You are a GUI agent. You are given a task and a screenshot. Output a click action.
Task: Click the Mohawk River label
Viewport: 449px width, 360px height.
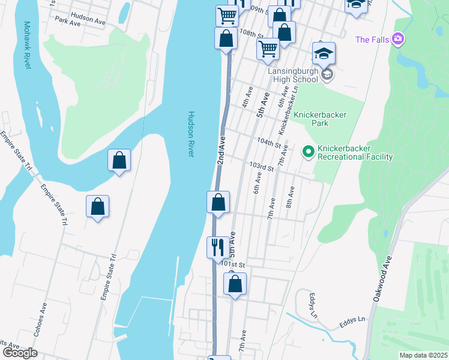tap(26, 45)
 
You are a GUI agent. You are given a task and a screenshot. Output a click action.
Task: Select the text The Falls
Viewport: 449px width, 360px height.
tap(372, 40)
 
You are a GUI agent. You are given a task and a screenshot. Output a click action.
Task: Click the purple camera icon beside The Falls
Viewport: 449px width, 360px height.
tap(398, 40)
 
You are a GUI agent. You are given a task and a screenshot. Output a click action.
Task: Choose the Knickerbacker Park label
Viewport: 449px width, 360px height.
tap(320, 119)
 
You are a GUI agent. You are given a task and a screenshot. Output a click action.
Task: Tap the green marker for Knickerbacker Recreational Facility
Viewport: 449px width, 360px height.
tap(309, 152)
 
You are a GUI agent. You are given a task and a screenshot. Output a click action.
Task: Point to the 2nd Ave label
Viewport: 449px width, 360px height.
tap(220, 151)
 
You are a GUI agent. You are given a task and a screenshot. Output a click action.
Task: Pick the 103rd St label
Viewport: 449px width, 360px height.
tap(262, 166)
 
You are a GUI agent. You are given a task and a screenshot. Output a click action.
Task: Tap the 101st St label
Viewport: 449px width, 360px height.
tap(234, 264)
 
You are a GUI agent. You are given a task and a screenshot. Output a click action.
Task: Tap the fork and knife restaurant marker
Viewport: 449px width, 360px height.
tap(217, 246)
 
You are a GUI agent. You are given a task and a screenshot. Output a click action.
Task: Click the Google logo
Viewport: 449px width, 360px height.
tap(20, 353)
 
